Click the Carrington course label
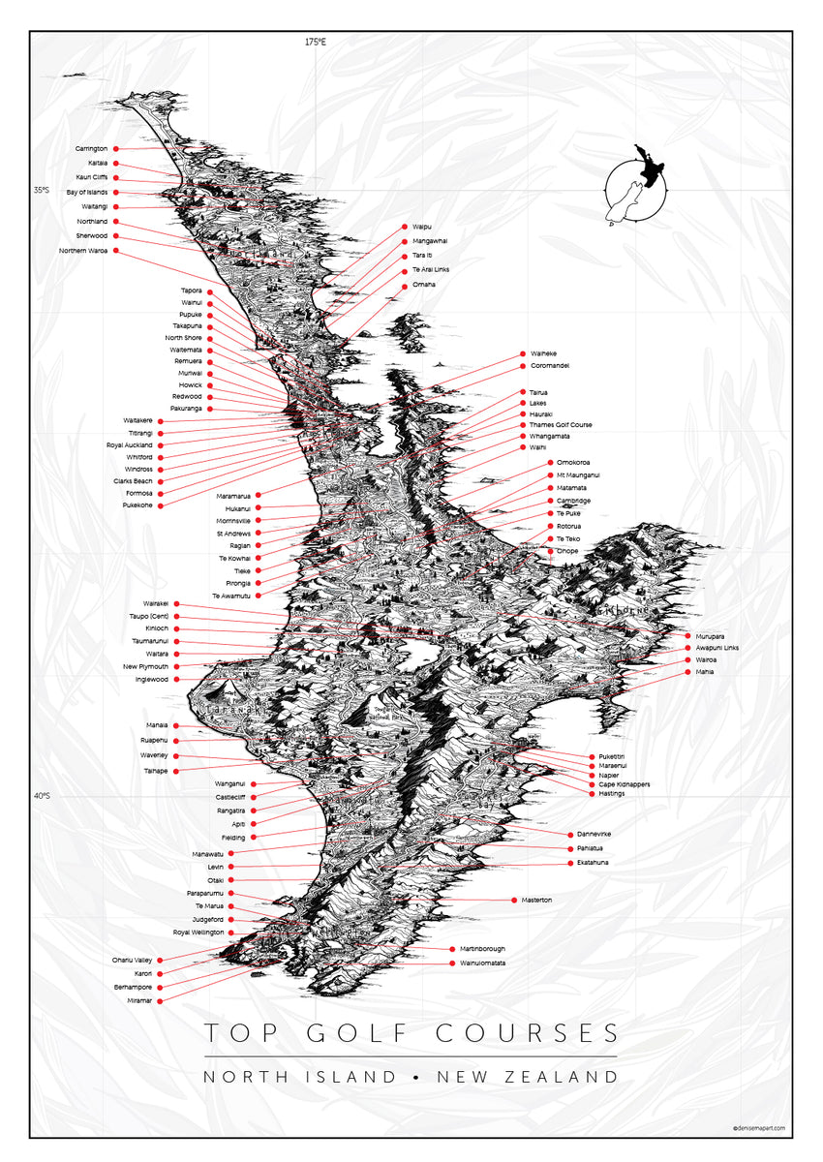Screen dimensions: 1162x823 click(91, 148)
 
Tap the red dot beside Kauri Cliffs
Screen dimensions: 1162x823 click(116, 178)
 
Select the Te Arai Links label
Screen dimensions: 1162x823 click(430, 269)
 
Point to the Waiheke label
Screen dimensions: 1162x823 click(543, 354)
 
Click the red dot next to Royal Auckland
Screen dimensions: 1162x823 click(160, 445)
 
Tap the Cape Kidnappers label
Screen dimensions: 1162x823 click(625, 784)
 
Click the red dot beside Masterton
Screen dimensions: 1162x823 click(512, 901)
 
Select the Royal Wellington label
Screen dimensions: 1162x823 click(198, 933)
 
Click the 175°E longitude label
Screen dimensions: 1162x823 click(316, 42)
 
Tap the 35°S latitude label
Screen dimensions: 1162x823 click(43, 191)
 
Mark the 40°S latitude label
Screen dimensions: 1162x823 click(43, 796)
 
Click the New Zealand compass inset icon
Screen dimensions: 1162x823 click(637, 188)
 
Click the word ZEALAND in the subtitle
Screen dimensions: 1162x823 click(566, 1077)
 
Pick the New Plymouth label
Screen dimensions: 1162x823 click(145, 667)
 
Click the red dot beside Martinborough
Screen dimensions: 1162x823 click(452, 949)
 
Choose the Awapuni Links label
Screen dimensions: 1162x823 click(716, 647)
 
